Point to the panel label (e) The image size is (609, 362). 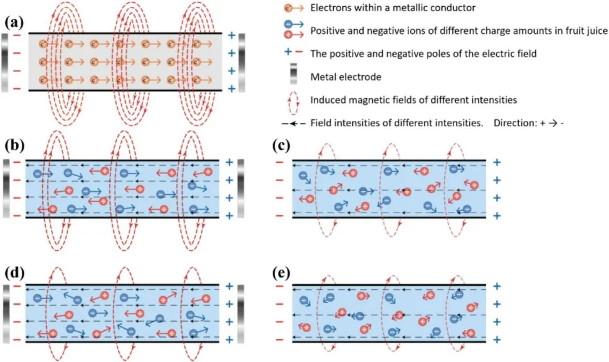click(280, 274)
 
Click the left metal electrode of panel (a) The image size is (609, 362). click(5, 62)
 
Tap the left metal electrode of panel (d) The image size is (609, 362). click(5, 313)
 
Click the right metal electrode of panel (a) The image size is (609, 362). click(242, 62)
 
